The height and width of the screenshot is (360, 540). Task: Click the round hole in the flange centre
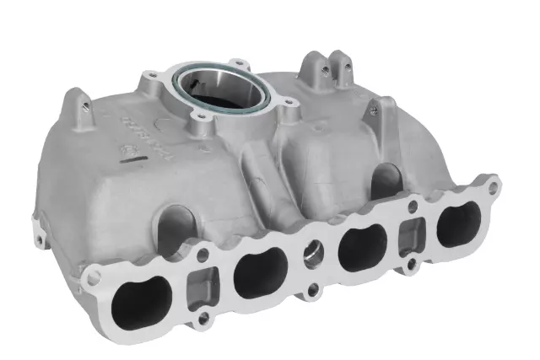click(311, 255)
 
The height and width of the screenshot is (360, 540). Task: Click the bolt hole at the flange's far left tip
click(94, 274)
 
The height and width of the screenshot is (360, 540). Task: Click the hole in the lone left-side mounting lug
click(85, 105)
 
